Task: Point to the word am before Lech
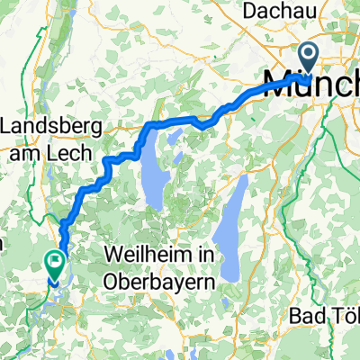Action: click(x=30, y=153)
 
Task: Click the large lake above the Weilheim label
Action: click(x=154, y=189)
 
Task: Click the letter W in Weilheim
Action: click(x=114, y=256)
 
